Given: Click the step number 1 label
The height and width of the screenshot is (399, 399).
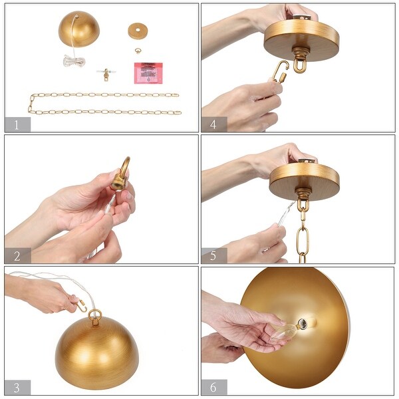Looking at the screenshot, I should (x=17, y=124).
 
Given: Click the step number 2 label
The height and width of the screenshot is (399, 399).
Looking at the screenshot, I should (x=17, y=255).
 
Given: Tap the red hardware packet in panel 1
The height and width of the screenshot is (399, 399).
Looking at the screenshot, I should (x=148, y=72).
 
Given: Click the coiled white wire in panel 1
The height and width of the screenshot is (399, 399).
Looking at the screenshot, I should (x=73, y=62).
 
